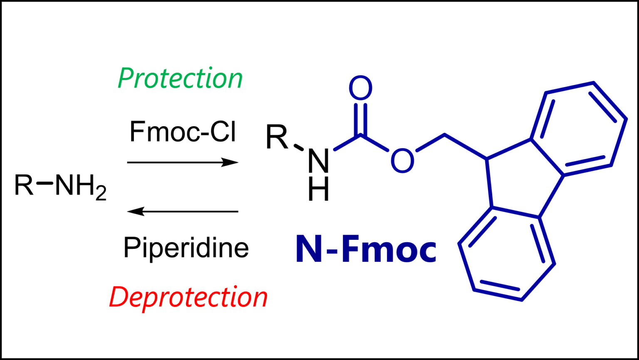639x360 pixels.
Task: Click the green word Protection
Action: click(x=180, y=79)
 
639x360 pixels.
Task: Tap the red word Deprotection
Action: click(x=188, y=298)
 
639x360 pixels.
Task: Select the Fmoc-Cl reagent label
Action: click(x=183, y=132)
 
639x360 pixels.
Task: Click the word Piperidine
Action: click(x=186, y=248)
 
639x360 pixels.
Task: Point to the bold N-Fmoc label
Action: click(x=366, y=251)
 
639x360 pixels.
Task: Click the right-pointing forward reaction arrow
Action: click(x=183, y=162)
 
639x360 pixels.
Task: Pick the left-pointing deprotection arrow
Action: click(x=183, y=212)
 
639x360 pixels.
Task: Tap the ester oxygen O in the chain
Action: click(x=402, y=161)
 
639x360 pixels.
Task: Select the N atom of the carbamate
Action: click(x=319, y=161)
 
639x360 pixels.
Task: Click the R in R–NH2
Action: click(x=24, y=185)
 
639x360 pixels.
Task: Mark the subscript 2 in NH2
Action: click(x=101, y=194)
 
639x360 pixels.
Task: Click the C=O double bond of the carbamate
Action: click(x=360, y=119)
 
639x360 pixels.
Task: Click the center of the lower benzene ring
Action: click(x=507, y=253)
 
